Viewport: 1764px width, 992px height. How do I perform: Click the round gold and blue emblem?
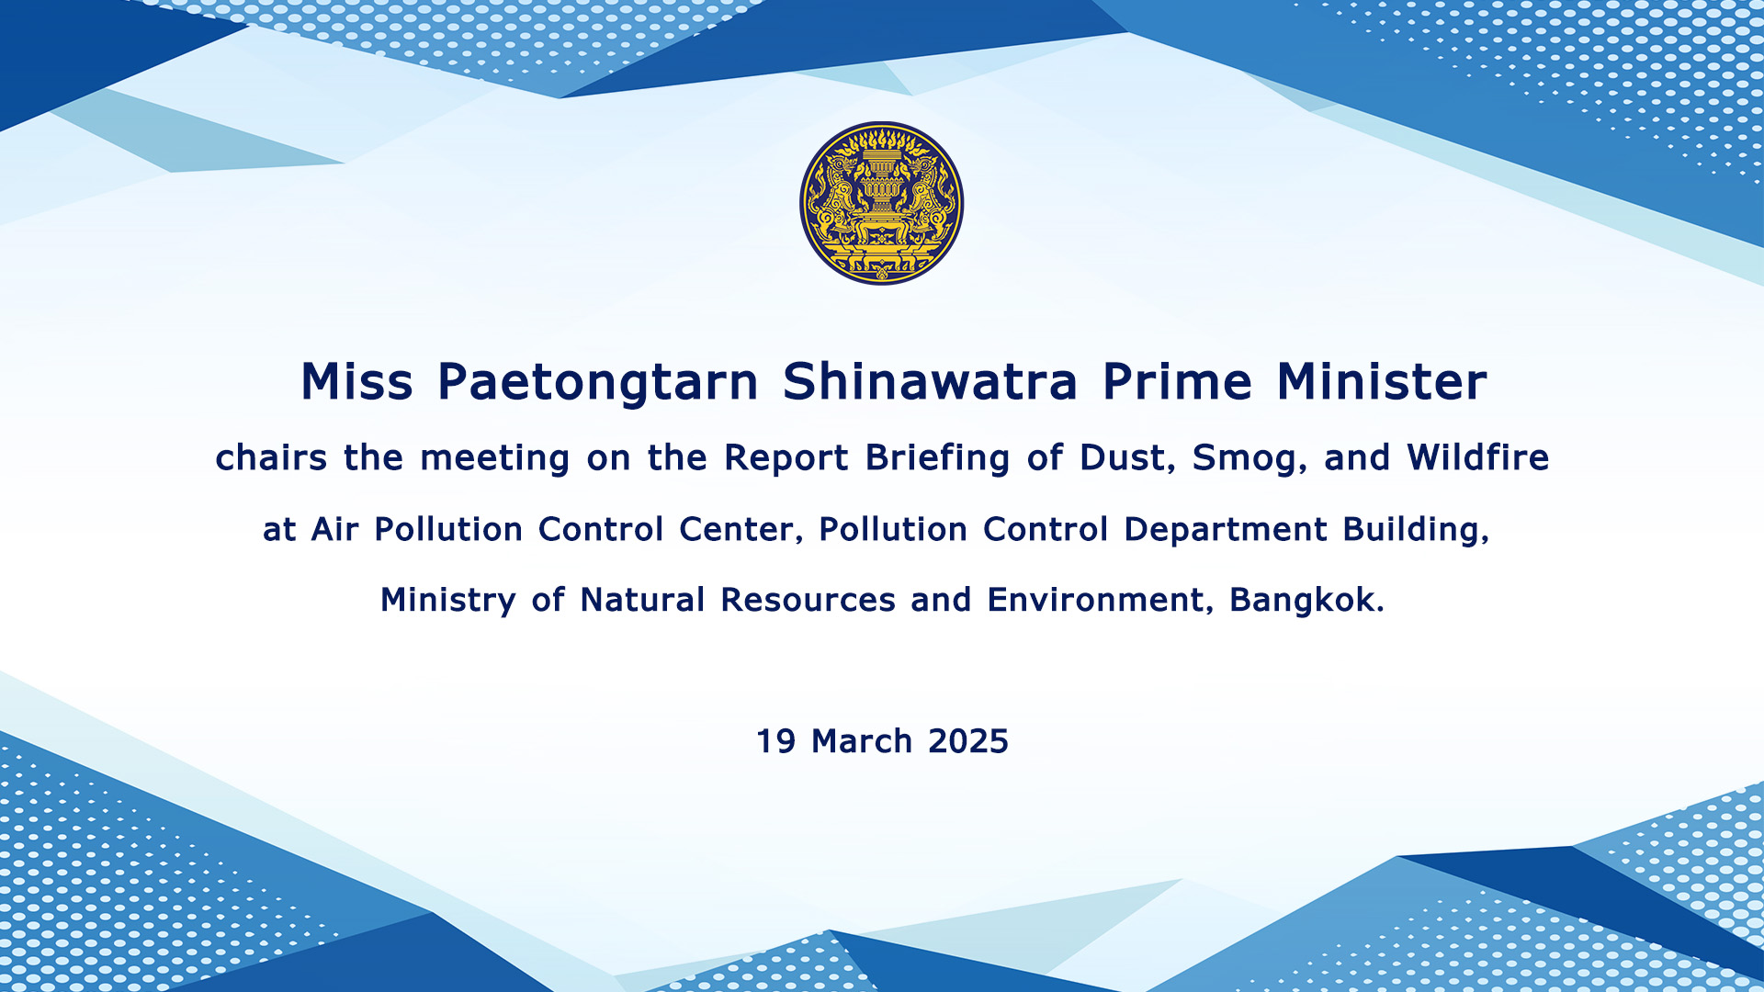[x=882, y=203]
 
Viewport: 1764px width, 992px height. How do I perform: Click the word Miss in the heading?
[x=357, y=381]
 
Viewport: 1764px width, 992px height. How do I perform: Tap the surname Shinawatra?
[x=930, y=381]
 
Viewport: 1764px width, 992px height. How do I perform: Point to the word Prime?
[x=1177, y=381]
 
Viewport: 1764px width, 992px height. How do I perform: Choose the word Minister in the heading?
[x=1382, y=381]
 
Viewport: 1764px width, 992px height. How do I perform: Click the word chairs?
[x=271, y=457]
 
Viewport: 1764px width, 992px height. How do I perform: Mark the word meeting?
[x=495, y=458]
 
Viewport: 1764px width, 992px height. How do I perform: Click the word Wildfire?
[x=1478, y=457]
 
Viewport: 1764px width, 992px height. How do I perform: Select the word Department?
[x=1226, y=531]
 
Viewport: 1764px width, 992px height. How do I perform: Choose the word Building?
[x=1416, y=531]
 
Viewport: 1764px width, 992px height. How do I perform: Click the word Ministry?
[x=448, y=601]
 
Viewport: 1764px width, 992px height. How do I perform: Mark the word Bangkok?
[x=1306, y=600]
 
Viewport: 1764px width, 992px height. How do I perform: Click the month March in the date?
[x=862, y=741]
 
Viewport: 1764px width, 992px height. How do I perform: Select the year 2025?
[x=968, y=741]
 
